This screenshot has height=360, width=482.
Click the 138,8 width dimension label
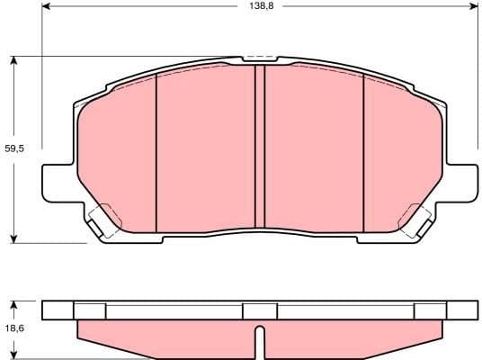coord(260,6)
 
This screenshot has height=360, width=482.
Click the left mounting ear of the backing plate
coord(56,184)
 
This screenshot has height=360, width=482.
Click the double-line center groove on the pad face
coord(259,148)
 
